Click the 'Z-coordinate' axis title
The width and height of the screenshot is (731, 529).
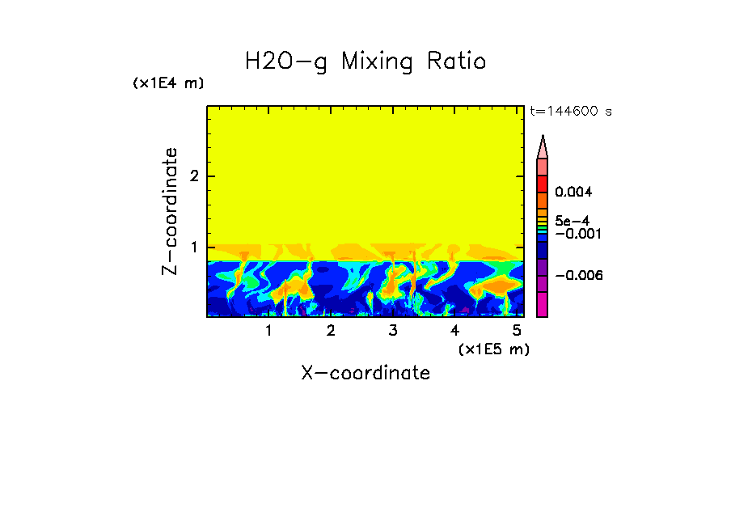click(170, 211)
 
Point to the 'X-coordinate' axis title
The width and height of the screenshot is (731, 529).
click(365, 373)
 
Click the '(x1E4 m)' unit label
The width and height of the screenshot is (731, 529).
click(168, 83)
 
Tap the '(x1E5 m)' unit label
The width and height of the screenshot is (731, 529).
click(493, 349)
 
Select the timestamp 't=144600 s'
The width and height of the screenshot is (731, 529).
click(570, 111)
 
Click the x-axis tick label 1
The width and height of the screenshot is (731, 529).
click(268, 331)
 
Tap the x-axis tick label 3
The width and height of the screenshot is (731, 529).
click(393, 331)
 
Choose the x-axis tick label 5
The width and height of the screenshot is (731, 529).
click(517, 331)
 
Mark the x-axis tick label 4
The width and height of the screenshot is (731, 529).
click(454, 331)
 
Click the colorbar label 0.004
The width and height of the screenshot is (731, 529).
click(574, 193)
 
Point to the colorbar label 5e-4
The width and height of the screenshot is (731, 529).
click(572, 220)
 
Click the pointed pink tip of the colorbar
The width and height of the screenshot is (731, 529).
click(542, 146)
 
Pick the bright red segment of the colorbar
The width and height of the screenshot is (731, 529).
click(542, 184)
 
